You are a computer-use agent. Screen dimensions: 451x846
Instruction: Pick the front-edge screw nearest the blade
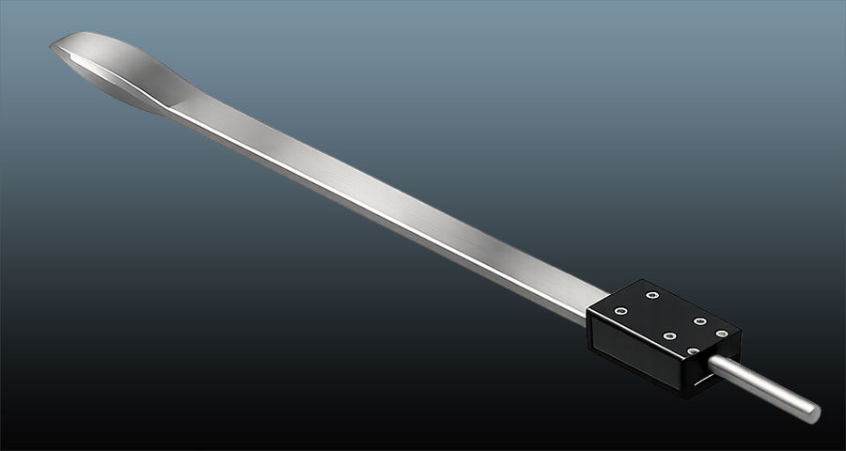pos(619,311)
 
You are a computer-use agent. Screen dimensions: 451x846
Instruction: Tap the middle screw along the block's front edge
pos(670,335)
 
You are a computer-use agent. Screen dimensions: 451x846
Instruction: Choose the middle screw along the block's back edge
pos(701,320)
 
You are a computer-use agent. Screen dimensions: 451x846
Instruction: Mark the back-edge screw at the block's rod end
pos(721,334)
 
